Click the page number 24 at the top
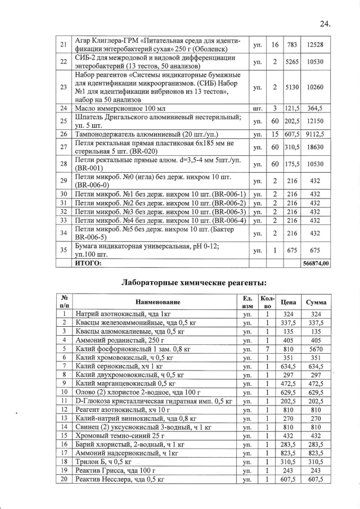[x=325, y=24]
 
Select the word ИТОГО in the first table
[x=89, y=263]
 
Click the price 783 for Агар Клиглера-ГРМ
[x=291, y=44]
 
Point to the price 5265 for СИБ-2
[x=291, y=61]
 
